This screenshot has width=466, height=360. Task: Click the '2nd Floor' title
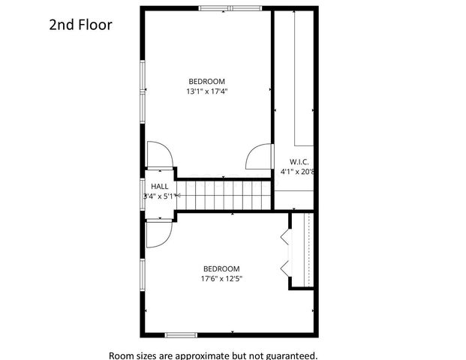(80, 25)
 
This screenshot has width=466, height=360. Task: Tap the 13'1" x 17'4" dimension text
(206, 91)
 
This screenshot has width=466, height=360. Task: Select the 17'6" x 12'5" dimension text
(221, 278)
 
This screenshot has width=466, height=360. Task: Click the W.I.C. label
(299, 161)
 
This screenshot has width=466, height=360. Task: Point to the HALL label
(159, 186)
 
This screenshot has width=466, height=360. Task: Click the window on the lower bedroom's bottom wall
(181, 334)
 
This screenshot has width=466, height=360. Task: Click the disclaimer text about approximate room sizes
(213, 355)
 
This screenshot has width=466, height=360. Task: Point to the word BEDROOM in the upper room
(206, 81)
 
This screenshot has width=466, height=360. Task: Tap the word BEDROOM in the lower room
(221, 268)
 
